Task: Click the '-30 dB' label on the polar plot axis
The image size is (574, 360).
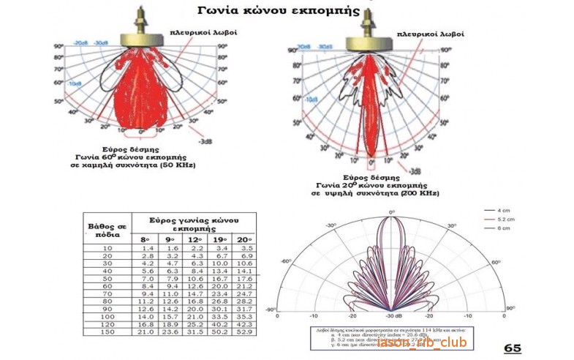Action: click(x=393, y=317)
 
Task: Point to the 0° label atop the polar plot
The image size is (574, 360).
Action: click(x=392, y=211)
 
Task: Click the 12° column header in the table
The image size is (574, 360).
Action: click(x=195, y=239)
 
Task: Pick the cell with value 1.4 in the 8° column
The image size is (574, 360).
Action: click(x=146, y=249)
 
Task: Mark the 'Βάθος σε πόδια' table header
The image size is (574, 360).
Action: click(x=107, y=226)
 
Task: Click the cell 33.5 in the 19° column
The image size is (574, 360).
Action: click(x=219, y=315)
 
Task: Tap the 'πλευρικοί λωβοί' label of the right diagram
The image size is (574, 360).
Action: click(x=431, y=34)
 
